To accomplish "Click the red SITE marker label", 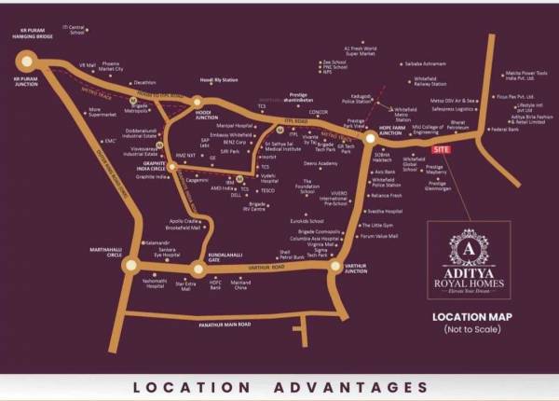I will click(x=442, y=149).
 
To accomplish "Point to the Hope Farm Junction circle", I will click(x=370, y=138).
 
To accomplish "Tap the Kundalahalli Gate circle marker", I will click(x=198, y=270).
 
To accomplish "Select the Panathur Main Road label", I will click(x=219, y=324).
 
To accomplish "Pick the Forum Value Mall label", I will click(x=379, y=236).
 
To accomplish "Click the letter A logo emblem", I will click(x=468, y=247).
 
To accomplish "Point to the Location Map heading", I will click(x=469, y=317).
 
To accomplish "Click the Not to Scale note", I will click(x=469, y=330).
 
